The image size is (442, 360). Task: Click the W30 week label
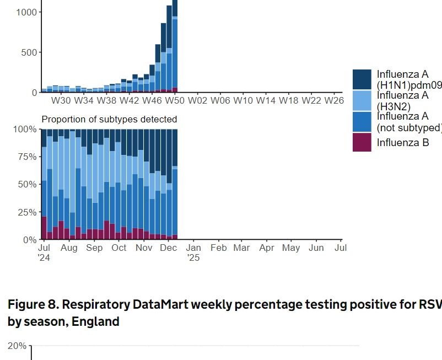(61, 100)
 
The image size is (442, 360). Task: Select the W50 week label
(175, 100)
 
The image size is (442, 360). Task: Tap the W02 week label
(197, 100)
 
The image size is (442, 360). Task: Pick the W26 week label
(334, 100)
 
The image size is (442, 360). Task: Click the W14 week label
(266, 100)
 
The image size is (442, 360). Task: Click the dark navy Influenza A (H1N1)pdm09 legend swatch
(362, 79)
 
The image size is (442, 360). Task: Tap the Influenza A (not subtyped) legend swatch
(362, 121)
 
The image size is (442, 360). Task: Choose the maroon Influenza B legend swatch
(362, 142)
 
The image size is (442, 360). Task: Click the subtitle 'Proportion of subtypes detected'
(109, 119)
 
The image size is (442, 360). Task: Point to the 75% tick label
(26, 157)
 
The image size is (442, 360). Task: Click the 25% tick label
(26, 212)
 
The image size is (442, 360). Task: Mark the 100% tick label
(25, 129)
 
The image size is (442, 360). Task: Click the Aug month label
(69, 248)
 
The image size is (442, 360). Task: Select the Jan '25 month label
(193, 252)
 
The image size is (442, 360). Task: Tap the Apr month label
(267, 248)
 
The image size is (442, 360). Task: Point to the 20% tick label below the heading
(17, 346)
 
